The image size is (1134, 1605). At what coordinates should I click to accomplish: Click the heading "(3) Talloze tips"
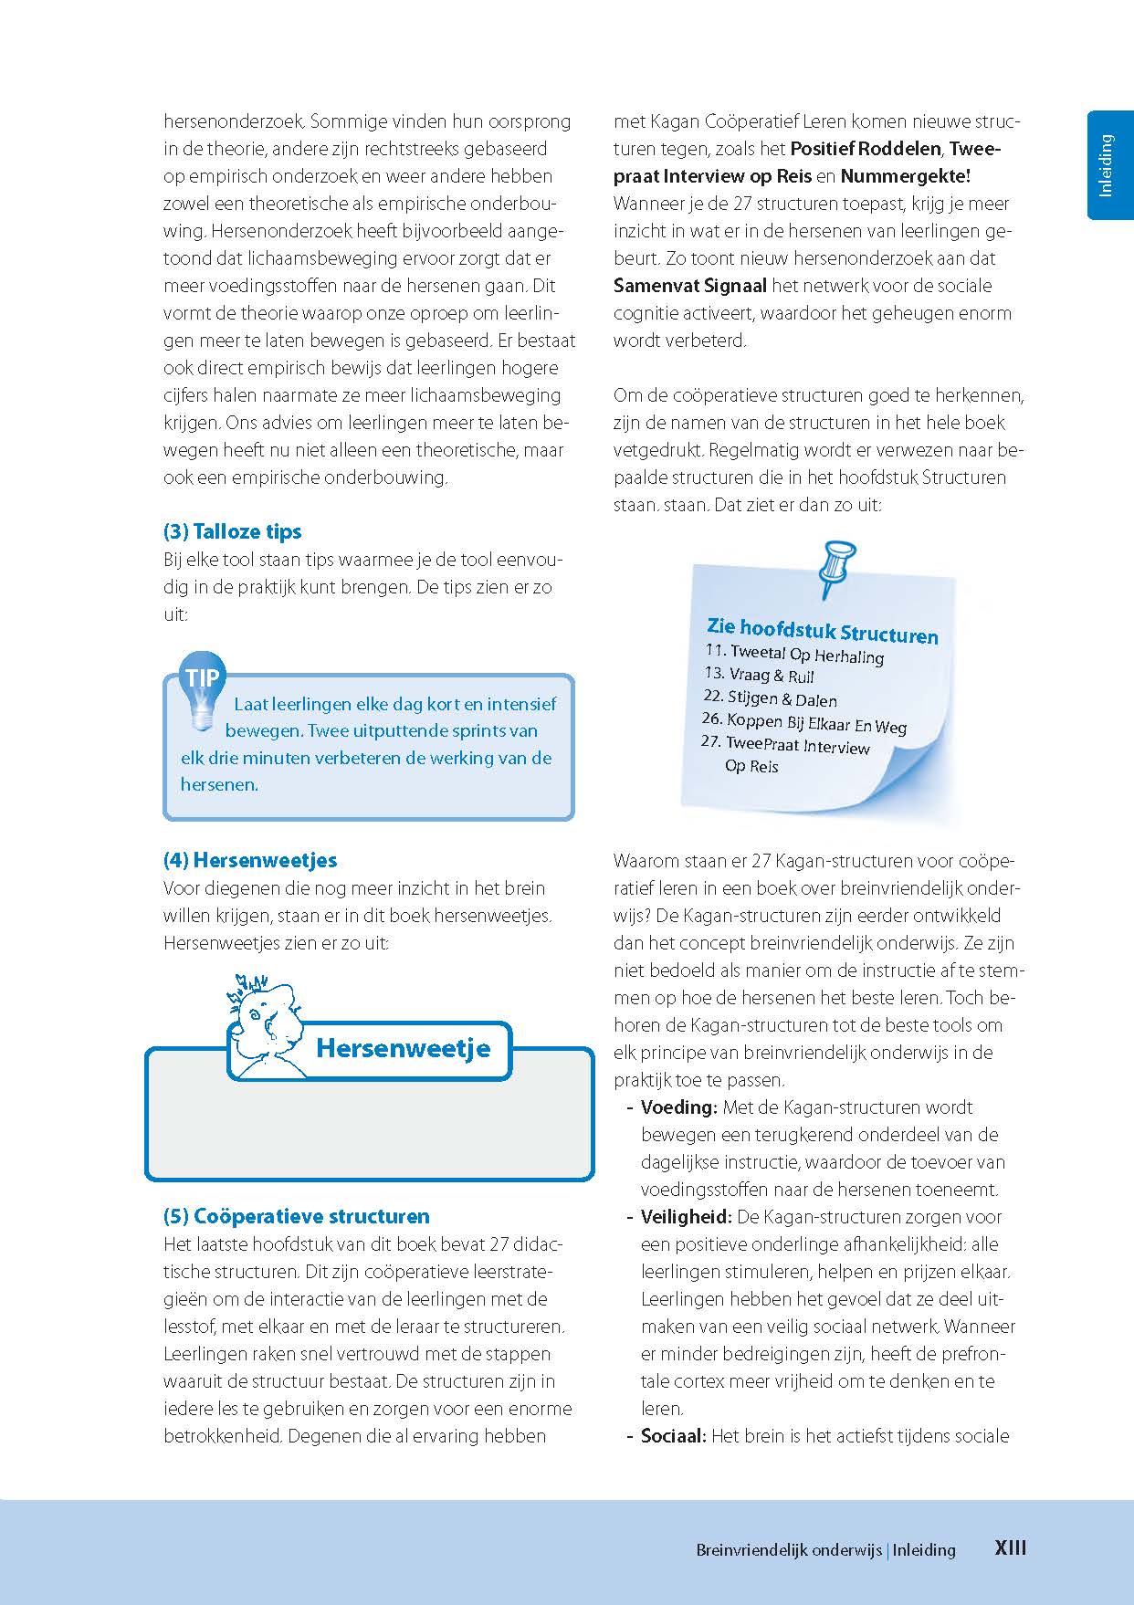tap(232, 532)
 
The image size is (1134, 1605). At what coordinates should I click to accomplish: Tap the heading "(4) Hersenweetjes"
tap(249, 860)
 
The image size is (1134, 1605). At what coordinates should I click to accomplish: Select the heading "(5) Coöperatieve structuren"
tap(296, 1216)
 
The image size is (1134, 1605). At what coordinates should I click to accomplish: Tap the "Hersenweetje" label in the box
tap(403, 1048)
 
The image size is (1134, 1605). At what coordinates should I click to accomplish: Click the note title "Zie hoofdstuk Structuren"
tap(822, 631)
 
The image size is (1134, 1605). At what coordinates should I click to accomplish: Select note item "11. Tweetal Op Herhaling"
tap(794, 654)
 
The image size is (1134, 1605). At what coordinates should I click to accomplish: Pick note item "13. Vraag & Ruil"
tap(759, 676)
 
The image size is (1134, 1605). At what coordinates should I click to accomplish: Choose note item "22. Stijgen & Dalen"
tap(770, 699)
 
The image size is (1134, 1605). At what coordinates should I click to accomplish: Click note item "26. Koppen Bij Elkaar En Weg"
tap(803, 723)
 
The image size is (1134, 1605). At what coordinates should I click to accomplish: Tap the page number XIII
tap(1011, 1548)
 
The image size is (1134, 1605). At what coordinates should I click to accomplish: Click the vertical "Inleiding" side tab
tap(1108, 165)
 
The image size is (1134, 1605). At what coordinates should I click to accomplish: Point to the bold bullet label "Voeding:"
tap(678, 1107)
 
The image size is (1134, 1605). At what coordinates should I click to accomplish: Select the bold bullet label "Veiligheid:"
tap(686, 1217)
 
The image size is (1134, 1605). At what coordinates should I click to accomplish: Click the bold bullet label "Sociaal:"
tap(673, 1436)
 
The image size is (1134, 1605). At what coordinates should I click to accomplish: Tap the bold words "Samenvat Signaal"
tap(690, 286)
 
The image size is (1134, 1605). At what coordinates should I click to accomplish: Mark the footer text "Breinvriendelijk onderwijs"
tap(789, 1549)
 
